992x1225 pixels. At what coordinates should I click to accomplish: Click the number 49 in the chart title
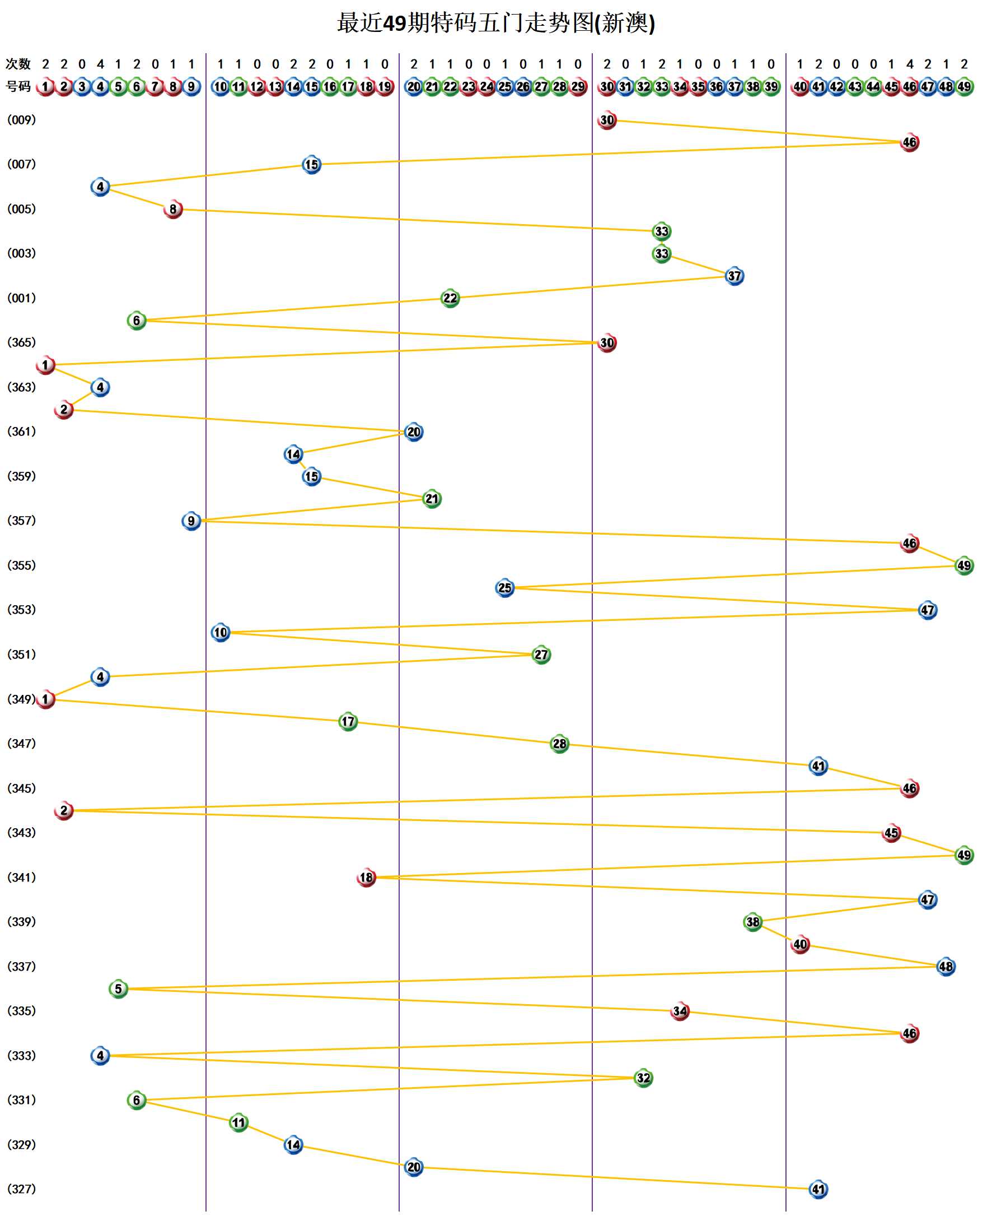pyautogui.click(x=394, y=24)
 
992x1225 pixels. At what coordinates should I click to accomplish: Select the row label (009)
pyautogui.click(x=21, y=120)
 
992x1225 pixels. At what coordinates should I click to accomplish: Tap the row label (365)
pyautogui.click(x=21, y=342)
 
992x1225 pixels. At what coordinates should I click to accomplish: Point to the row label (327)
pyautogui.click(x=21, y=1189)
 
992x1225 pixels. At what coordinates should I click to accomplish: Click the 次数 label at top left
pyautogui.click(x=18, y=64)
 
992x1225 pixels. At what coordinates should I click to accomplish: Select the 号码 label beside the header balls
pyautogui.click(x=18, y=86)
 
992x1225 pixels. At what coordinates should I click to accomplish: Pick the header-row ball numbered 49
pyautogui.click(x=964, y=87)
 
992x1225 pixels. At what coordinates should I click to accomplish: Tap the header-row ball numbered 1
pyautogui.click(x=45, y=87)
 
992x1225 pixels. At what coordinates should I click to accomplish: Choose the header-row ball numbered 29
pyautogui.click(x=578, y=87)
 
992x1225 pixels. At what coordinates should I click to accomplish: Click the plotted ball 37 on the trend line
pyautogui.click(x=734, y=276)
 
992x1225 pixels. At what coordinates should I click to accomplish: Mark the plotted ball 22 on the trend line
pyautogui.click(x=450, y=298)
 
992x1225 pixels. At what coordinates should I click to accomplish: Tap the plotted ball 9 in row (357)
pyautogui.click(x=191, y=521)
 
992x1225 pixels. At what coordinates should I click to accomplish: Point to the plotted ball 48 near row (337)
pyautogui.click(x=946, y=967)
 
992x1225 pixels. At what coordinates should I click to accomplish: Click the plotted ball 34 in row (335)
pyautogui.click(x=680, y=1011)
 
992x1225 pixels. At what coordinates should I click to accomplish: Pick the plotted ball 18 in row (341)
pyautogui.click(x=366, y=878)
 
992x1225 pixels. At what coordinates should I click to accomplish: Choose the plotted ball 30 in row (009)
pyautogui.click(x=607, y=120)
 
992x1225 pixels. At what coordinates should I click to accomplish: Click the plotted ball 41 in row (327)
pyautogui.click(x=818, y=1190)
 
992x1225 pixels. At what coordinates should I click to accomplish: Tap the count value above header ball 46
pyautogui.click(x=909, y=64)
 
